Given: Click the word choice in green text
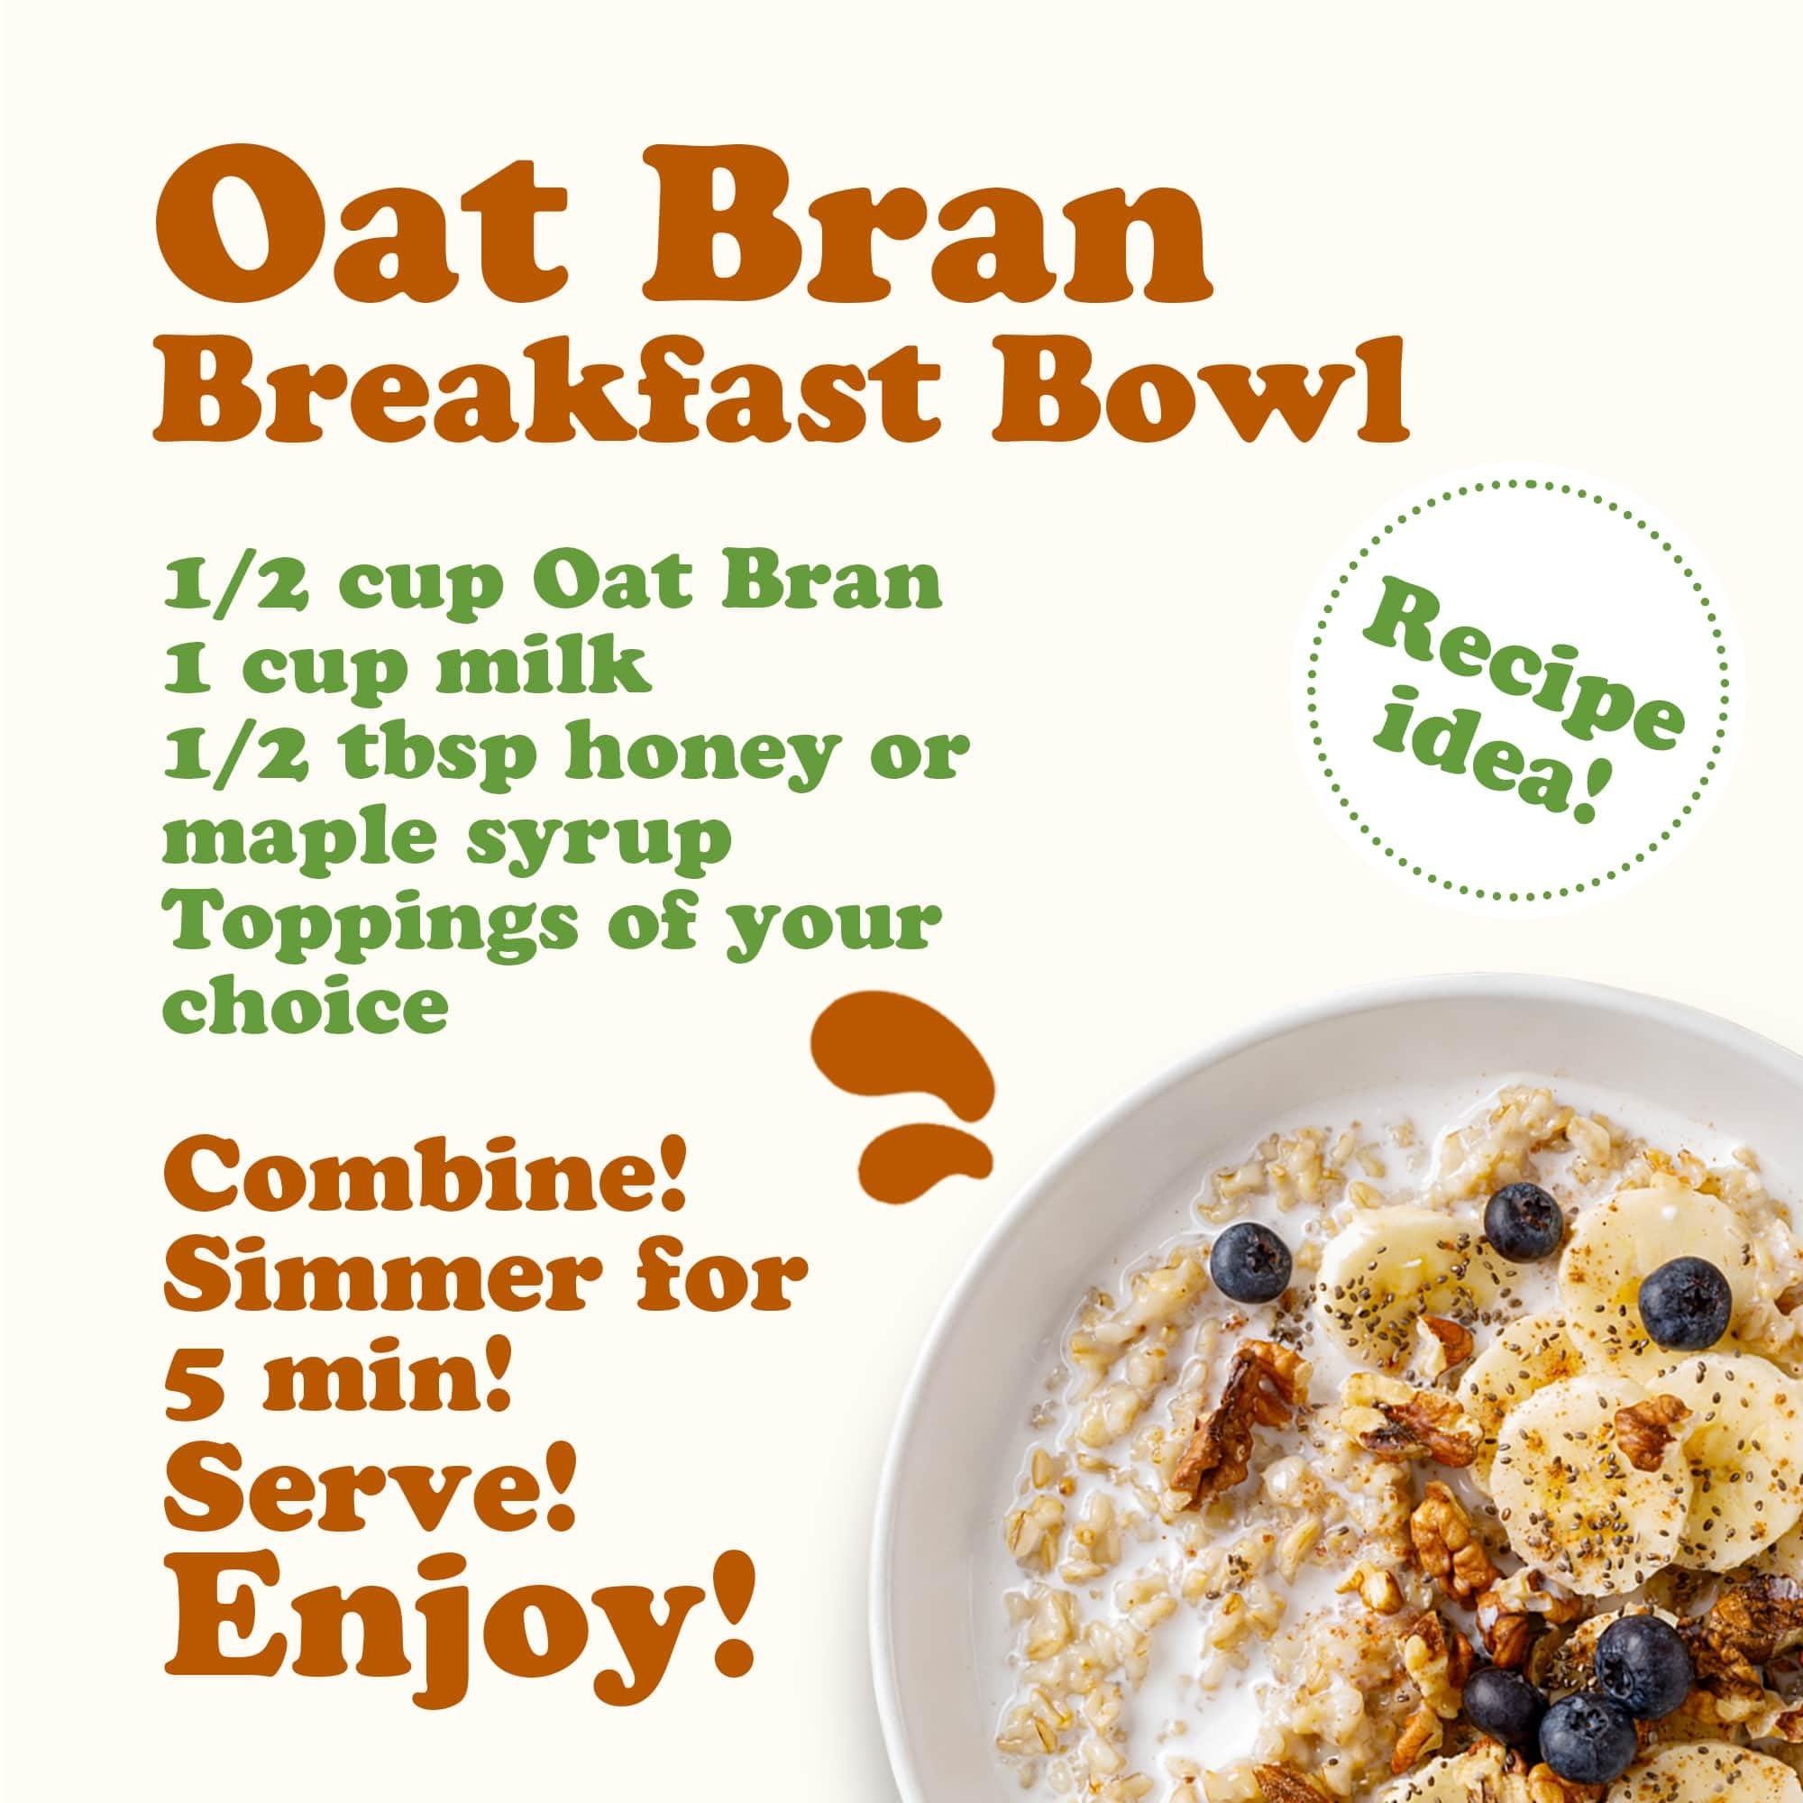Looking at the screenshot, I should point(304,1004).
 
